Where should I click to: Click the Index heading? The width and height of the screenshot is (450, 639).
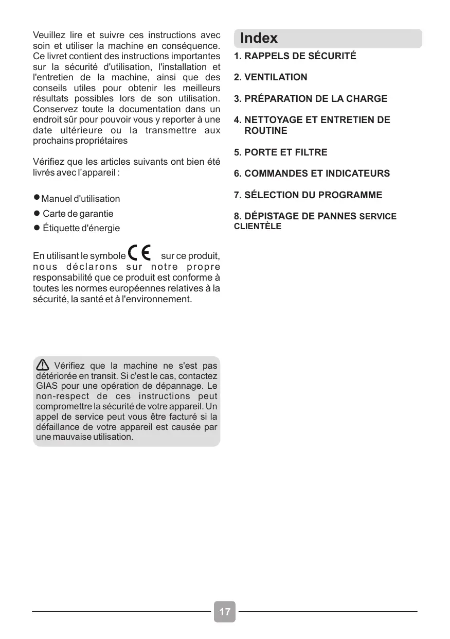[259, 38]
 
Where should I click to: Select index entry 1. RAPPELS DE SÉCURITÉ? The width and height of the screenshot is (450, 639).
[295, 56]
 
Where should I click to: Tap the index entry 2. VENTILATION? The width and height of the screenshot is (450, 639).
[271, 77]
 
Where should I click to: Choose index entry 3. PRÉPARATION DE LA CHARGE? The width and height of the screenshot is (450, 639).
[311, 99]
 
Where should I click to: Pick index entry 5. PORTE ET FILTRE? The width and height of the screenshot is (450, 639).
[281, 152]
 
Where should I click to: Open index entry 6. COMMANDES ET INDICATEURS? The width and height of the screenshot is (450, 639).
[312, 174]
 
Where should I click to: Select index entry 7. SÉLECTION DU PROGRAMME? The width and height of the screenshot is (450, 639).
[308, 195]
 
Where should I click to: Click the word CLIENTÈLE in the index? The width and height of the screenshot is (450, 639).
[258, 227]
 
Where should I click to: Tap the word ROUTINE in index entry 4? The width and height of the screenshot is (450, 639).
[265, 131]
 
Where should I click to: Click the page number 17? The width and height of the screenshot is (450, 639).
[225, 612]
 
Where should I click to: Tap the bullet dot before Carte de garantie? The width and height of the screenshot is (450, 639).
[37, 213]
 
